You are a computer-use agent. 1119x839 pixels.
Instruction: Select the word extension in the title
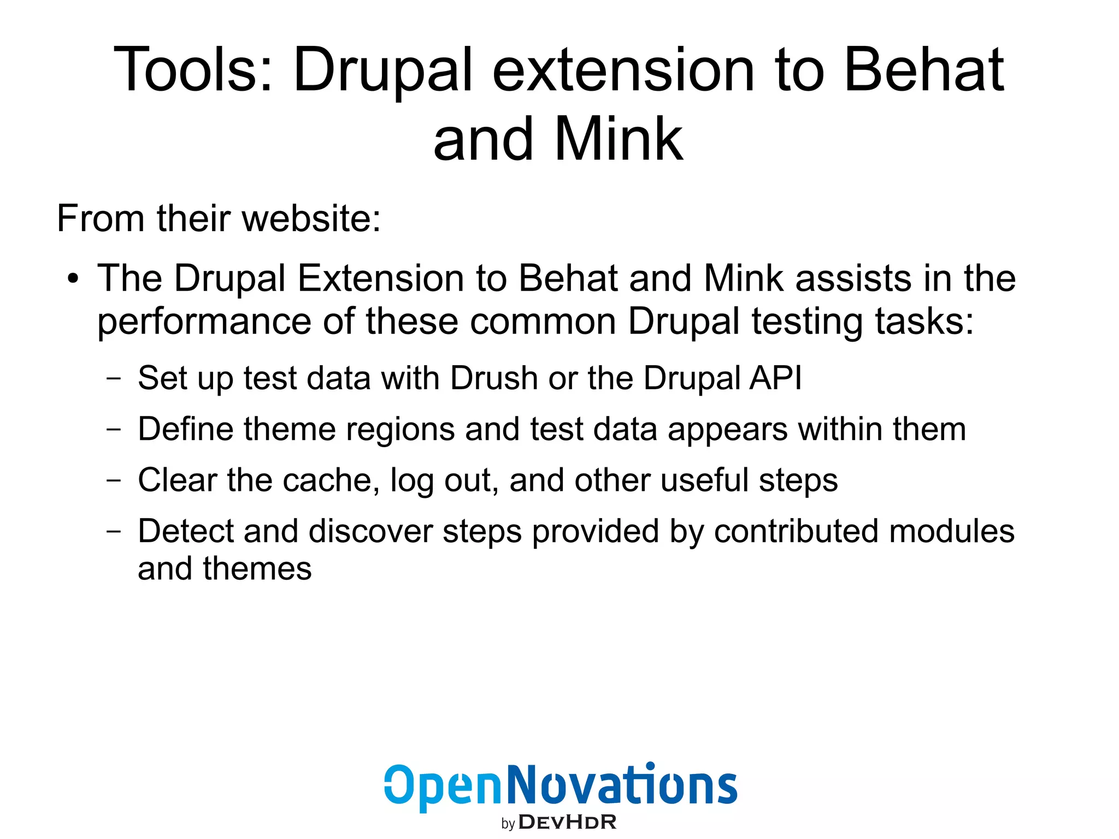pos(623,70)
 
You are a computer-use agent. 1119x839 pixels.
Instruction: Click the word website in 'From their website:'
pos(310,219)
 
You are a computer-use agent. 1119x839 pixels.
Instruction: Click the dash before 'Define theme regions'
pos(114,430)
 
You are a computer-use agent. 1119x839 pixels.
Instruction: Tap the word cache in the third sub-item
pos(331,480)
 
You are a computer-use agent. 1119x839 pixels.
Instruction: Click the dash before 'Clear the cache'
pos(114,480)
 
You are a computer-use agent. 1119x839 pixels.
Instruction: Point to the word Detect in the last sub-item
pos(185,531)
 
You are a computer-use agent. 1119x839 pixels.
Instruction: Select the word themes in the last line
pos(257,568)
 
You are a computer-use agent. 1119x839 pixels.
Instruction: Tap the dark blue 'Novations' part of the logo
pos(622,785)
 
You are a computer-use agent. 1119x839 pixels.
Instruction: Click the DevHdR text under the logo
pos(567,822)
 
